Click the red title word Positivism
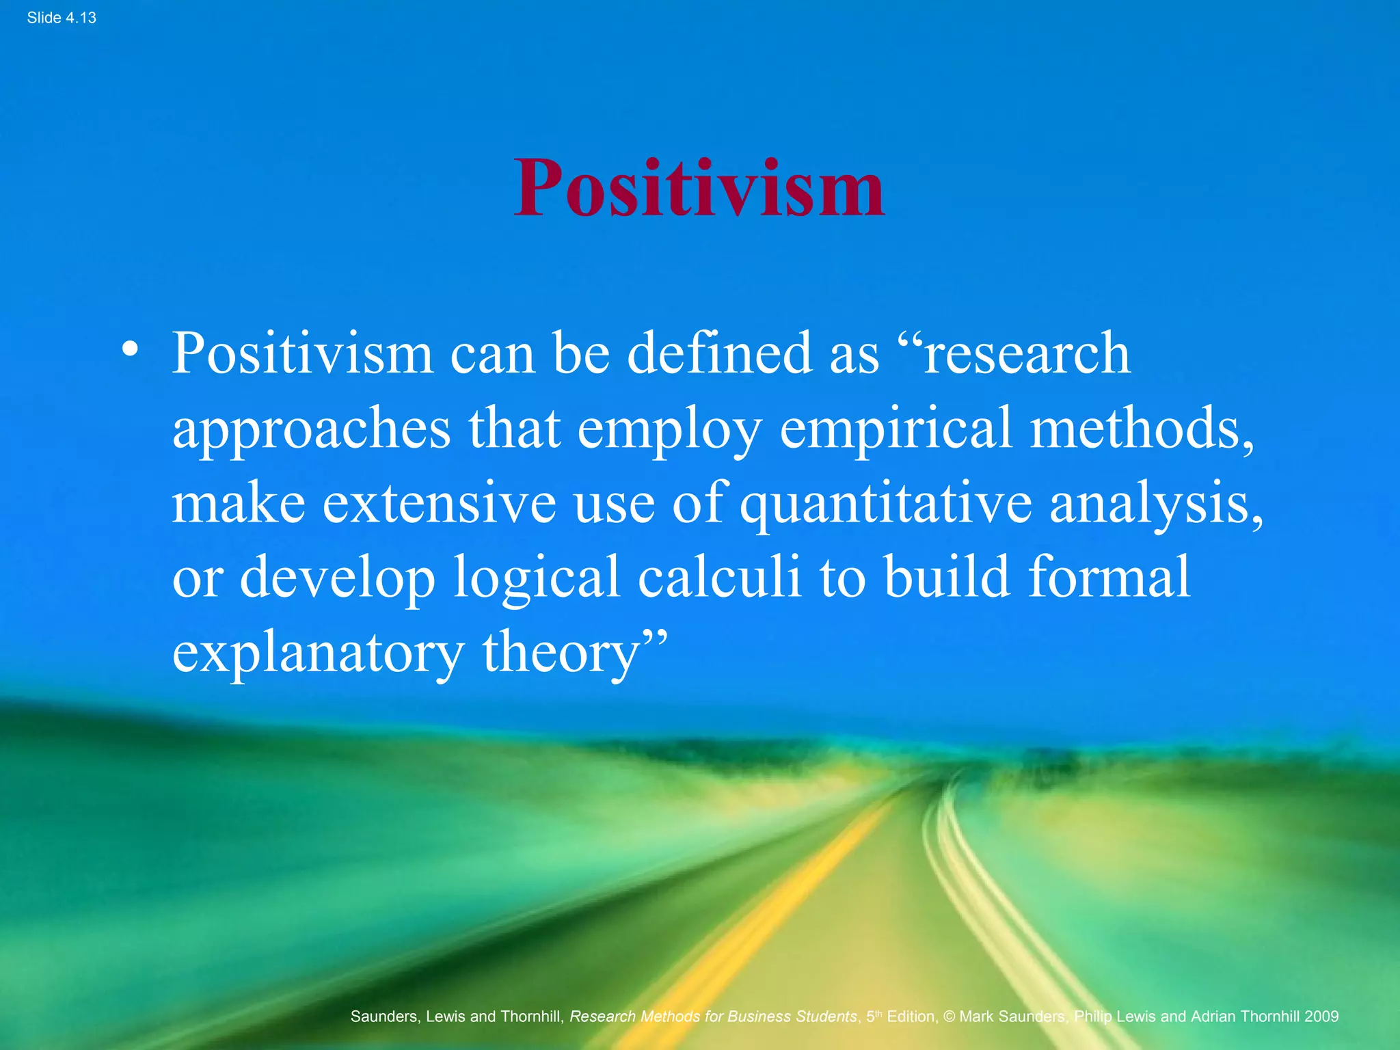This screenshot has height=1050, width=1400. coord(699,187)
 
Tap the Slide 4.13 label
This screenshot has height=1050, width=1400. coord(62,18)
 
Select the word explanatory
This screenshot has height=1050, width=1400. coord(319,654)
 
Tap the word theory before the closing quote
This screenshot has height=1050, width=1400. coord(561,654)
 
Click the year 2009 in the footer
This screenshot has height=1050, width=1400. coord(1321,1017)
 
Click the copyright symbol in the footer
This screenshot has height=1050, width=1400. coord(949,1017)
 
